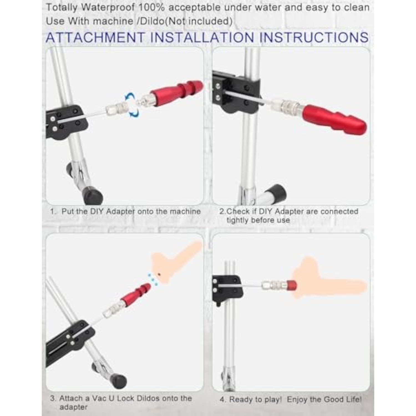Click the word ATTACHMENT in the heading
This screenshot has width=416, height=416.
(x=95, y=37)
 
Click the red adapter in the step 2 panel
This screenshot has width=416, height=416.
(x=335, y=118)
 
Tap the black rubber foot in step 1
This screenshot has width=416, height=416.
(x=93, y=195)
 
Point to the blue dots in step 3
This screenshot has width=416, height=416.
(x=153, y=279)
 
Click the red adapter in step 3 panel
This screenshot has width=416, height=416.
(x=136, y=294)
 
